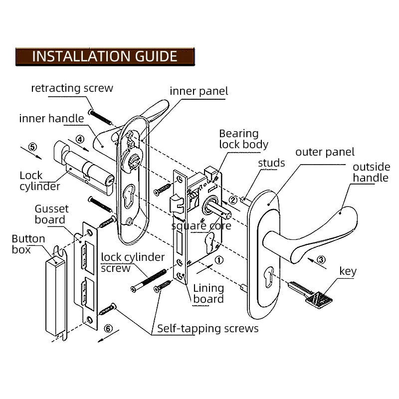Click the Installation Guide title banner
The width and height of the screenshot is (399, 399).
105,56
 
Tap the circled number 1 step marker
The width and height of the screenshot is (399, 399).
219,260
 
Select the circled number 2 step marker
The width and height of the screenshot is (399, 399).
233,200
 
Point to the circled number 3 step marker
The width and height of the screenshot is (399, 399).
321,260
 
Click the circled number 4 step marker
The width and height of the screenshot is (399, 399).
80,140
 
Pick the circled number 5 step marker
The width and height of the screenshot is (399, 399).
32,147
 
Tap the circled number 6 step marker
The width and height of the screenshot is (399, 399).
108,329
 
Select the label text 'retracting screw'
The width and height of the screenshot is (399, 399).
72,88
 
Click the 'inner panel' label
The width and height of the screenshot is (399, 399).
199,91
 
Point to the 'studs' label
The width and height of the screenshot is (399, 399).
271,163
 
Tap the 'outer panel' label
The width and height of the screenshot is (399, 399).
325,152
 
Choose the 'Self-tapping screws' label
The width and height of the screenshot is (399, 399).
207,329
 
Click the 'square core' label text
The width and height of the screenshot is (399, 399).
201,226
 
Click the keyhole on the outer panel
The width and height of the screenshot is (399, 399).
269,277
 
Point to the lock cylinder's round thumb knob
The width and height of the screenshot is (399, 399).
61,152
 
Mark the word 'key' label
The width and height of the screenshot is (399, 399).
348,271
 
